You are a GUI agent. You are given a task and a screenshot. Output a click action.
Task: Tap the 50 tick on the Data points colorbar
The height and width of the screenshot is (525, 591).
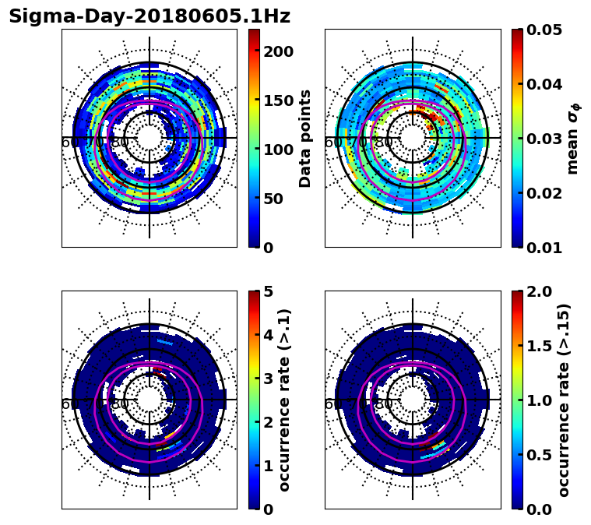pyautogui.click(x=278, y=199)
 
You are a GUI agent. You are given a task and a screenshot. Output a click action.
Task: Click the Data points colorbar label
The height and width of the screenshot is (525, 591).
pyautogui.click(x=305, y=139)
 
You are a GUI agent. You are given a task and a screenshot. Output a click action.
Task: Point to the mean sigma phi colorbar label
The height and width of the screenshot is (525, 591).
pyautogui.click(x=573, y=139)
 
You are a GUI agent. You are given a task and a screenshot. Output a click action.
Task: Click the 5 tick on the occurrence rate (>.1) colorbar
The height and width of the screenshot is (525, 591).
pyautogui.click(x=267, y=291)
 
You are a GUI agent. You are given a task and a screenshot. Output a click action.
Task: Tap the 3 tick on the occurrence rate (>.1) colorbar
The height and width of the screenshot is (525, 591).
pyautogui.click(x=267, y=379)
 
